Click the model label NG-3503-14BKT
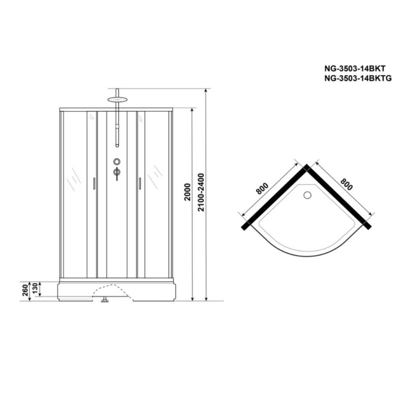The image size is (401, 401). pos(355,68)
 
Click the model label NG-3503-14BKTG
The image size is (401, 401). pos(358,78)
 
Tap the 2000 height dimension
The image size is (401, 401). pos(188,192)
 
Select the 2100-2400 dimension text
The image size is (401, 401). pos(201,192)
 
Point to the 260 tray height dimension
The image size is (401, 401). pos(25,290)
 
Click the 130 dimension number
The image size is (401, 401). pos(35,288)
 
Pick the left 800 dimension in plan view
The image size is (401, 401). pos(262,188)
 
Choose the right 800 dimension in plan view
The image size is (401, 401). pos(346,184)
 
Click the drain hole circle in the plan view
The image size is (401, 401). pos(307,195)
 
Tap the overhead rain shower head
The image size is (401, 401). pos(117,99)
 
